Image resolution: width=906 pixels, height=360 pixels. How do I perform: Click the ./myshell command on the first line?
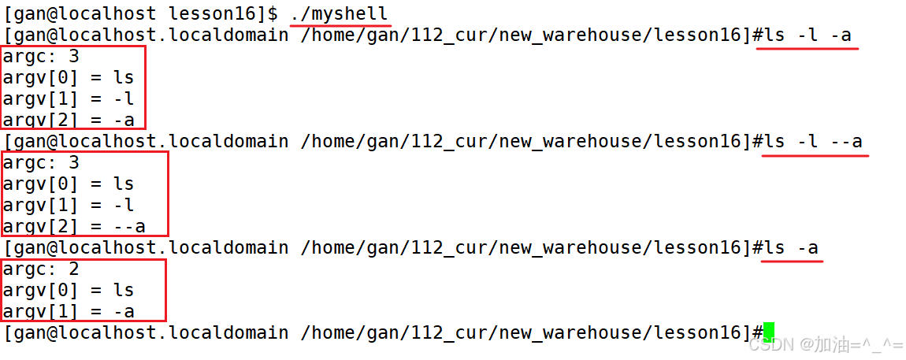339,13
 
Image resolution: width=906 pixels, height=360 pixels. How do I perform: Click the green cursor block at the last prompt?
769,332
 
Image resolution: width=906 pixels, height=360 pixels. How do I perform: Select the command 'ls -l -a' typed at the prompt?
807,35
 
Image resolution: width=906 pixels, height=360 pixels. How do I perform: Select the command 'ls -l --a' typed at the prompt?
813,141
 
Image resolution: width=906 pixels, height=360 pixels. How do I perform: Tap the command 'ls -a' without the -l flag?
791,247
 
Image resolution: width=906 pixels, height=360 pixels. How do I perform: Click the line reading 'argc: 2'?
41,269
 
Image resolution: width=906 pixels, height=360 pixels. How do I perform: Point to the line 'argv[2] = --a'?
74,226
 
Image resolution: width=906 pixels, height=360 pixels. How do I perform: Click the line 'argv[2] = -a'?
69,120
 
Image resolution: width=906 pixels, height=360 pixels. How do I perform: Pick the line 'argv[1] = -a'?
69,311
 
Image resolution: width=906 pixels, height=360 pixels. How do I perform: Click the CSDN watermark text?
824,344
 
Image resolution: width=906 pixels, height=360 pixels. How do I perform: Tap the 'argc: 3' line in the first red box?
41,56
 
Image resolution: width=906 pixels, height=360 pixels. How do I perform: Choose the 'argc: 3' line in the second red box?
41,162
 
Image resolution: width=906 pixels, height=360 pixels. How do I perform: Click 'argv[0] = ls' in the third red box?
69,290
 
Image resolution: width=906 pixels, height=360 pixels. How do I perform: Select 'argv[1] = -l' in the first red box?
69,98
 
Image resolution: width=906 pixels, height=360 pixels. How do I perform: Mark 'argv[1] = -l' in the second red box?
69,205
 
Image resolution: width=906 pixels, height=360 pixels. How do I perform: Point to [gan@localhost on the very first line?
80,13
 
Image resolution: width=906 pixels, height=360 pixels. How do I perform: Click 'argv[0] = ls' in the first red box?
69,77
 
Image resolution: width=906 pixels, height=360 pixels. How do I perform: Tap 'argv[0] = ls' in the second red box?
69,184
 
